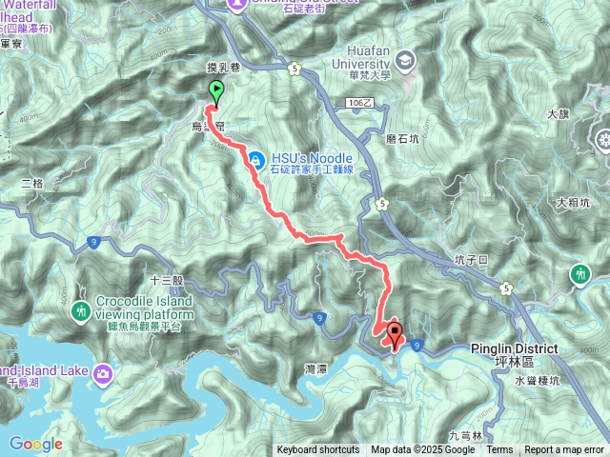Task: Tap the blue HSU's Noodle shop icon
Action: coord(255,160)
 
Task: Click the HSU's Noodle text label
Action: coord(312,158)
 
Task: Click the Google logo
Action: coord(36,444)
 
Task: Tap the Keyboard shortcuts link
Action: coord(318,450)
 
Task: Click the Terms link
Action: coord(499,450)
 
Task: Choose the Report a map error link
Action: coord(564,450)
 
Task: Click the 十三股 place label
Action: coord(166,281)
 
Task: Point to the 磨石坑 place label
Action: coord(402,139)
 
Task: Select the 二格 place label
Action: coord(32,184)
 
